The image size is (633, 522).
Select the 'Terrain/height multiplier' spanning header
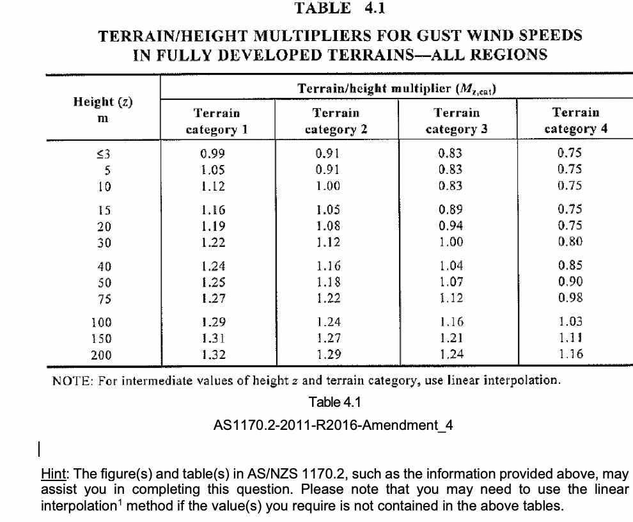pos(397,88)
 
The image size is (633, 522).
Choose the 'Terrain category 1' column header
pos(217,120)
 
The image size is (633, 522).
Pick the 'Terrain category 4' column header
pos(575,120)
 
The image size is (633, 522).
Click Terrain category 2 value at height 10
pos(329,186)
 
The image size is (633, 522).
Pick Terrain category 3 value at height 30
pos(448,242)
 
